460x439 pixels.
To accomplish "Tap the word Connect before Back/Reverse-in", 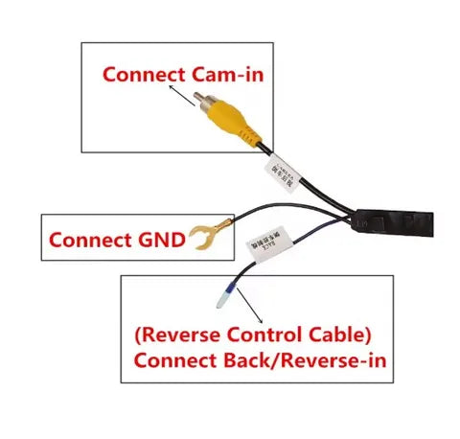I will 175,362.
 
